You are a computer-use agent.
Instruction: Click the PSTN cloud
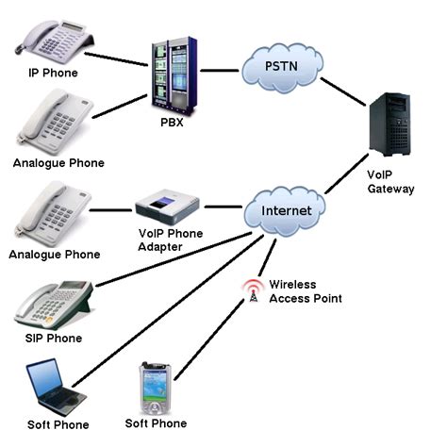[x=280, y=68]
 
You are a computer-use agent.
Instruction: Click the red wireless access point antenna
[x=252, y=291]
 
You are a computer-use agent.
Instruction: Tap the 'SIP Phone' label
[x=55, y=338]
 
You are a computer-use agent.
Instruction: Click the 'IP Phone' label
[x=53, y=73]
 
